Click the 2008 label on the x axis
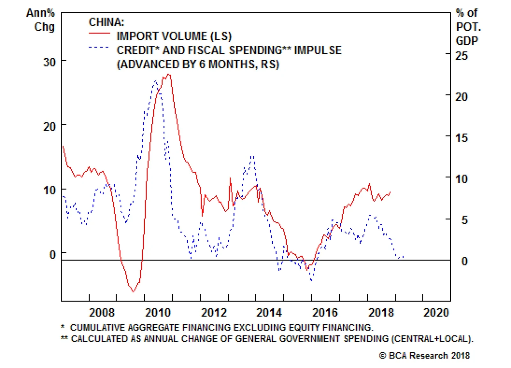102,312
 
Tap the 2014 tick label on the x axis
269,312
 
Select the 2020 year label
436,312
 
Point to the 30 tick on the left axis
50,62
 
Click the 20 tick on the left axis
50,126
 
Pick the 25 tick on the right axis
461,56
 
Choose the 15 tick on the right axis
461,138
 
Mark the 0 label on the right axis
465,261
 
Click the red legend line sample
99,33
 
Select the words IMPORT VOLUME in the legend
162,36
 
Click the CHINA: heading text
106,22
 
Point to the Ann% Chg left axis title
42,19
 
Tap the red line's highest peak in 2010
169,75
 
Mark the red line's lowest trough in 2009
133,291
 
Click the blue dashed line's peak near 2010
156,81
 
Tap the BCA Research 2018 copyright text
424,356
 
